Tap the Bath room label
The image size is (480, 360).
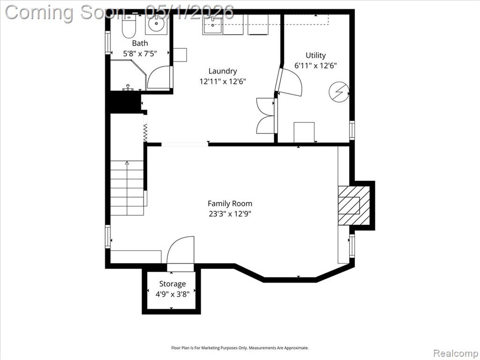(x=140, y=43)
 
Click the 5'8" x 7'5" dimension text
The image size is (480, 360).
(x=140, y=54)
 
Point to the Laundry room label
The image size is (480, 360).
(x=223, y=71)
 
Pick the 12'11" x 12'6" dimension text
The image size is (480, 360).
(x=223, y=82)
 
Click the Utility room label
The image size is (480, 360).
(x=315, y=55)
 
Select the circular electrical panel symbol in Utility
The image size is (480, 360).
(x=339, y=91)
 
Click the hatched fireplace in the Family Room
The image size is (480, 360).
(x=354, y=205)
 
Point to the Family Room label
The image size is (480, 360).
(x=230, y=203)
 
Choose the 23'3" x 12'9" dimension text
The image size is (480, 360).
(x=230, y=214)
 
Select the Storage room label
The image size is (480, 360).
(x=172, y=284)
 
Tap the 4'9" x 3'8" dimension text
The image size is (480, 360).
(x=172, y=294)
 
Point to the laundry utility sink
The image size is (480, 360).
(x=212, y=26)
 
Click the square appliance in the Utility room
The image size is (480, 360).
(x=304, y=132)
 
